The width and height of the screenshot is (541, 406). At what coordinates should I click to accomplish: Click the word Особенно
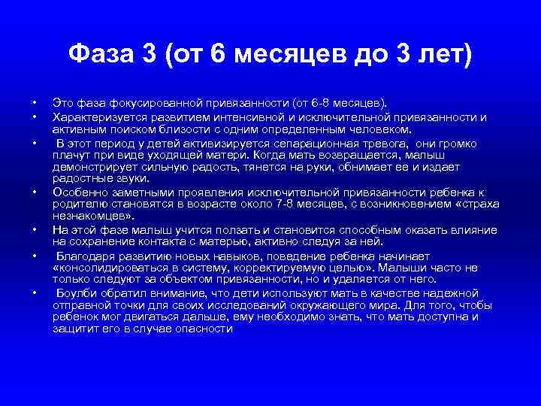(x=77, y=192)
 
